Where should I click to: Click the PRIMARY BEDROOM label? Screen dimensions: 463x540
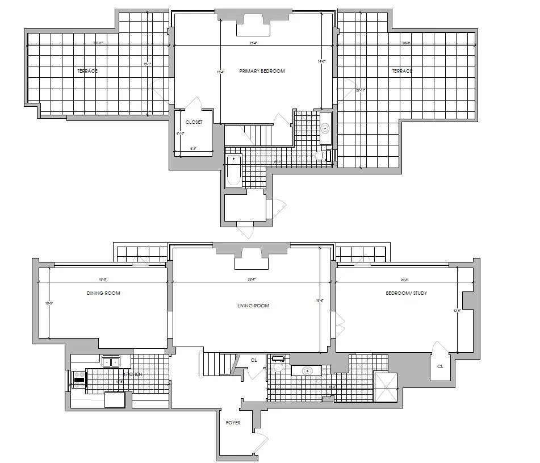point(262,71)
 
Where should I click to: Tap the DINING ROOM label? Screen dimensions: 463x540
point(103,293)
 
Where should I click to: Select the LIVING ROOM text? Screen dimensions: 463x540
point(253,306)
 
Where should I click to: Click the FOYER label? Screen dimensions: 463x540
point(233,423)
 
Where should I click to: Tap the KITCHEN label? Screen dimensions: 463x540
point(132,375)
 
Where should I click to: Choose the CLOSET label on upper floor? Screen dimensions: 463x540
point(194,122)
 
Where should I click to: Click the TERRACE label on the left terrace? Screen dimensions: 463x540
point(87,71)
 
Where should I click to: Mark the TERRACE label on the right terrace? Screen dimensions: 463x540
point(402,71)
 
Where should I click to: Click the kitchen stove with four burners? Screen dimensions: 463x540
point(79,379)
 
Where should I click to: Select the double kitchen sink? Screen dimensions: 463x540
point(110,362)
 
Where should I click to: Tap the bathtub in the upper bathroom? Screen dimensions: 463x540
point(234,169)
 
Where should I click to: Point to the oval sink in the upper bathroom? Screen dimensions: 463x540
point(325,128)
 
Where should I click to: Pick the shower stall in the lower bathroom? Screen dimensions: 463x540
point(386,387)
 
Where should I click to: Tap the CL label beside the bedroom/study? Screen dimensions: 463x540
point(440,366)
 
